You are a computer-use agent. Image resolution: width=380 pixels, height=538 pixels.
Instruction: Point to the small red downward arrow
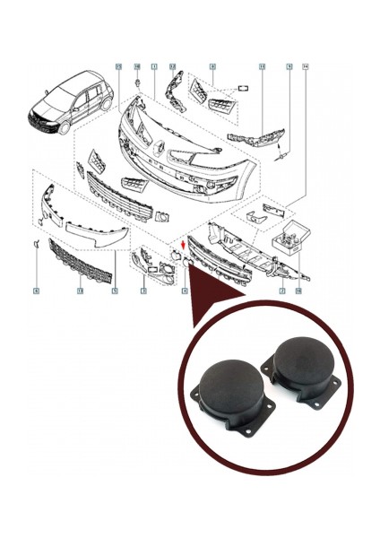click(x=184, y=242)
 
